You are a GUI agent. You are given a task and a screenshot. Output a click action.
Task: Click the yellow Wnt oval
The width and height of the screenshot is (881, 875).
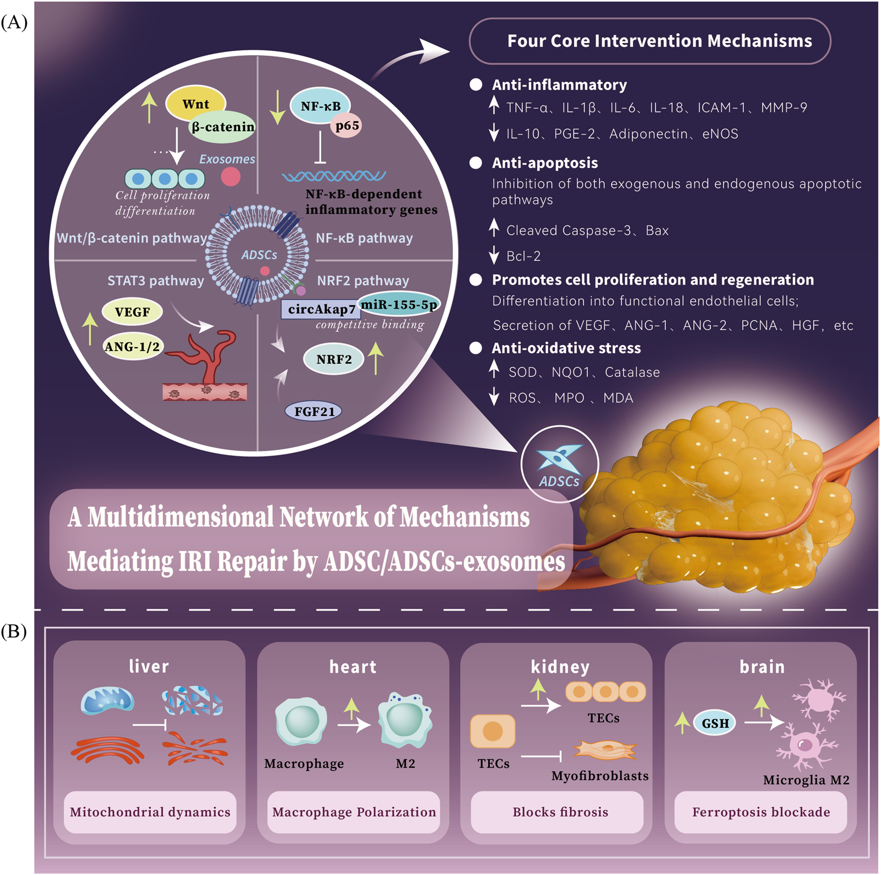click(195, 103)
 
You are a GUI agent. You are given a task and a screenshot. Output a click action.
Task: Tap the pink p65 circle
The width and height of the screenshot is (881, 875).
click(347, 125)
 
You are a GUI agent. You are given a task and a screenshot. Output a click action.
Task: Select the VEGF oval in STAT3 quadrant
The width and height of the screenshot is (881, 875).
click(132, 312)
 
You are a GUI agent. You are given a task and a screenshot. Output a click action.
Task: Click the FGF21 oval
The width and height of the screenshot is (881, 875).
click(314, 411)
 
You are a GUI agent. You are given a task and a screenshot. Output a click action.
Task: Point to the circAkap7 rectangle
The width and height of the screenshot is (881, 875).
click(321, 309)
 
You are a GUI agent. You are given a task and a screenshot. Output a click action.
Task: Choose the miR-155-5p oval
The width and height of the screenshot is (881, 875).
click(399, 304)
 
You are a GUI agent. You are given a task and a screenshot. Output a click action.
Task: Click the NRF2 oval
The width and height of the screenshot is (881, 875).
click(334, 359)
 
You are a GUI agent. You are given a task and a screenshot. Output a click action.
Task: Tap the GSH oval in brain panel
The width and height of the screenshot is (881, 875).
click(715, 723)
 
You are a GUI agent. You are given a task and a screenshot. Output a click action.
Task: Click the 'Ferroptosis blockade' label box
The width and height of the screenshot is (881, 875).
click(761, 812)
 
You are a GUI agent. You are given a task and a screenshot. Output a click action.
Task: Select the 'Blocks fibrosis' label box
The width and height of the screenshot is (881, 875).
click(560, 812)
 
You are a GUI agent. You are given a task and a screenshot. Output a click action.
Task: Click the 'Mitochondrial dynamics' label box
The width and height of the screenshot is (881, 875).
click(150, 812)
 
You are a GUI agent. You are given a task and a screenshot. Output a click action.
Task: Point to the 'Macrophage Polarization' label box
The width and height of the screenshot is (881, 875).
click(353, 812)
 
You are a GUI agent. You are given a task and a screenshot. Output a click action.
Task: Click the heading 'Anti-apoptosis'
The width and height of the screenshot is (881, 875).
click(544, 163)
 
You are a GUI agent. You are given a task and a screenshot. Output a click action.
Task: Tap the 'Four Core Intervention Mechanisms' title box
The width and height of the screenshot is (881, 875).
click(649, 41)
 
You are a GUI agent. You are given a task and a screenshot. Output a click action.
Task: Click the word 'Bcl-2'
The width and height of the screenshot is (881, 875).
click(523, 256)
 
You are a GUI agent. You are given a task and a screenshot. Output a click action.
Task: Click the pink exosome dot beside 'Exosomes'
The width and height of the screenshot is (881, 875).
click(231, 177)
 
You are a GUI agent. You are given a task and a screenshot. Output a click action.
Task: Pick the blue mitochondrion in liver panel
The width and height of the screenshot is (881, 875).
click(107, 700)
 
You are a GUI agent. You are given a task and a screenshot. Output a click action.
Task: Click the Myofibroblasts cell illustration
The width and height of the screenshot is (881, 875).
click(605, 749)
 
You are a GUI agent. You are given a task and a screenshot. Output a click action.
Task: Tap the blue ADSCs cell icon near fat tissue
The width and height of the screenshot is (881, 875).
click(559, 458)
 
